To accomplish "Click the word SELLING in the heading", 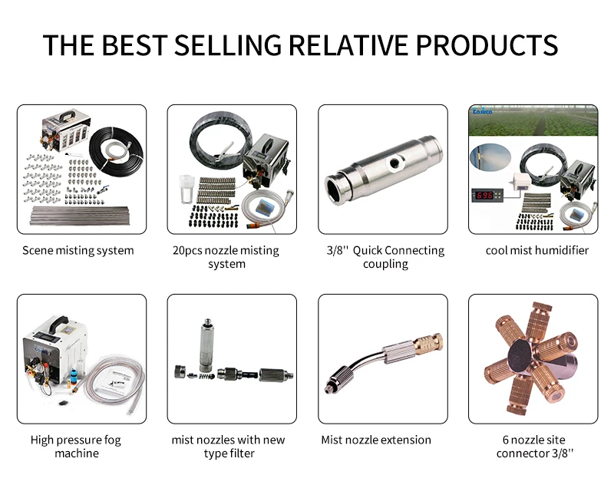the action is coord(228,45).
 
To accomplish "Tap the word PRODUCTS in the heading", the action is coord(487,45).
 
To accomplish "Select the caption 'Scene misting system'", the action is coord(78,250).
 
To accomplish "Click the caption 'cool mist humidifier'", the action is coord(536,250).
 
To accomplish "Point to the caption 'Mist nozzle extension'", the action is coord(376,440).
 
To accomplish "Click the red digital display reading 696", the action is coord(485,194).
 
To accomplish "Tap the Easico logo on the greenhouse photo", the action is coord(482,111).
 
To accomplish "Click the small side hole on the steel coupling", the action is coord(394,162).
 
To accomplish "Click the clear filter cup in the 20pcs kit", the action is coord(187,189).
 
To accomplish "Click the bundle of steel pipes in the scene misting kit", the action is coord(80,216).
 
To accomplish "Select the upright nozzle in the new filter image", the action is coord(207,346).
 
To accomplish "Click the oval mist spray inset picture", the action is coord(490,157).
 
